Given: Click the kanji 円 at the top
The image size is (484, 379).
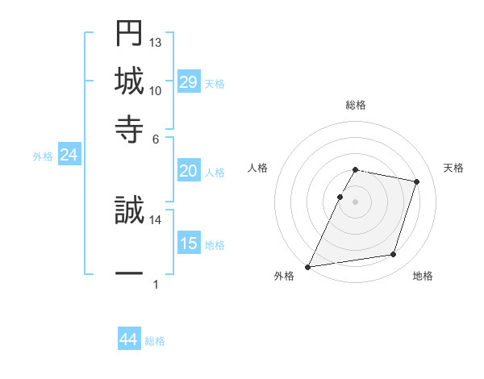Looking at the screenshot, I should tap(129, 33).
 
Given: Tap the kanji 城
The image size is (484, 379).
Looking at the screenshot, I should tap(129, 80).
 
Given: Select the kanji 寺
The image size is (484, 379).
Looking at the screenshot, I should tap(129, 127).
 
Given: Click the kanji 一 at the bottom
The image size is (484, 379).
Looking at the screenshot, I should tap(129, 273).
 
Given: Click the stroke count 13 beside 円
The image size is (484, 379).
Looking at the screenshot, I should tap(156, 43).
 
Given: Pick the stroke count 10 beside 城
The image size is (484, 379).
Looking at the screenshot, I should tap(156, 90).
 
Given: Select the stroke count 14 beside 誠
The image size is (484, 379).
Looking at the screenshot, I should tap(156, 219).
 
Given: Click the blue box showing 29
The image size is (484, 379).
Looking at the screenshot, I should tap(188, 82).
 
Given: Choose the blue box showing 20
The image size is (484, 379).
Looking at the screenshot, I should tap(188, 171).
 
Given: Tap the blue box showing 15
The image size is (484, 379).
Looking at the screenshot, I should tap(188, 244).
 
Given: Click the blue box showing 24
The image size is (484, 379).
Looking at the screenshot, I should tap(69, 156).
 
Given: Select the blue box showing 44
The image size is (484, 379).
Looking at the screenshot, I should tap(128, 340).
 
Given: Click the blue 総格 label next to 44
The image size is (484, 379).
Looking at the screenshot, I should tap(155, 341).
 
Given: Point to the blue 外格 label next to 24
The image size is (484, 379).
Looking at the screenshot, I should tap(43, 156).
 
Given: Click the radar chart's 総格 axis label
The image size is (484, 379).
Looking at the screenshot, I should tap(355, 105).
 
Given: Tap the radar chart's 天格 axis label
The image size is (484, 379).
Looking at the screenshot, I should tap(453, 168).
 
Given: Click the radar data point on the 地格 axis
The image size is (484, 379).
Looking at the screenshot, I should tap(394, 255).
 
